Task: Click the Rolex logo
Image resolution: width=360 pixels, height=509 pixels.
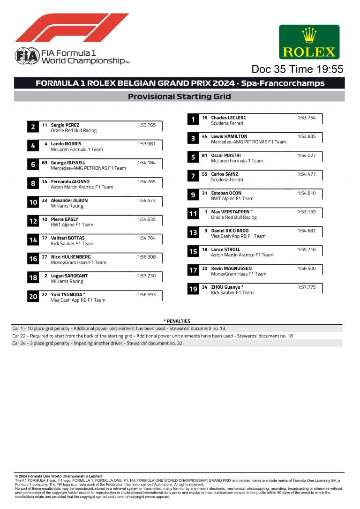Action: [309, 42]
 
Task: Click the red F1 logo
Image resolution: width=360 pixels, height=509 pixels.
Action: [72, 28]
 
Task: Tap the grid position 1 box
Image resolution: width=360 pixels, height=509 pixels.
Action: [193, 120]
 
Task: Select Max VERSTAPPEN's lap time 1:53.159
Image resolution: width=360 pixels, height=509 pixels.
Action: [307, 212]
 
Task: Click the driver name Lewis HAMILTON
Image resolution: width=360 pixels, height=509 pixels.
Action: [229, 136]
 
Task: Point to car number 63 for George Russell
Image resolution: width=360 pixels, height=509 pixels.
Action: [45, 163]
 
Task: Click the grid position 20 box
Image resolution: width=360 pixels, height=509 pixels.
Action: [33, 297]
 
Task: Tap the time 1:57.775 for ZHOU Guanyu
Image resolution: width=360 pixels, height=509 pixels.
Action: [307, 287]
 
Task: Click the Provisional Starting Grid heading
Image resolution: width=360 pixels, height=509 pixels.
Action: [180, 97]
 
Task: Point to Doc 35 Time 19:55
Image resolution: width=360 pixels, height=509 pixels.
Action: [297, 69]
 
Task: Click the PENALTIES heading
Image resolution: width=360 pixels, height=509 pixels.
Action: [177, 321]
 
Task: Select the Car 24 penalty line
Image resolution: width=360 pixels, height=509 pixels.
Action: [97, 343]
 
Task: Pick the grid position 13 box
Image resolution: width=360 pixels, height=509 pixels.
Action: [193, 232]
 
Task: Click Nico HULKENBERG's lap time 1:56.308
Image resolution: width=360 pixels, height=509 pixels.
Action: [146, 257]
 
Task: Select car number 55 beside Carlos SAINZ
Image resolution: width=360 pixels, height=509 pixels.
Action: [204, 174]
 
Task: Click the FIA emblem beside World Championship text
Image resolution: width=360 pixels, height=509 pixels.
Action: [27, 56]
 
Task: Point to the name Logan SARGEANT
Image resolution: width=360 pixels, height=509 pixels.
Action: [69, 276]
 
